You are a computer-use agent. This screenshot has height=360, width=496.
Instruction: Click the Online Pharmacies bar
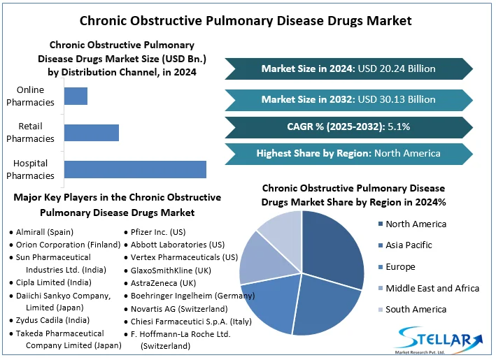click(x=76, y=96)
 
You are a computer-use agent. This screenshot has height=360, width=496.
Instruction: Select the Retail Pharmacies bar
click(x=91, y=132)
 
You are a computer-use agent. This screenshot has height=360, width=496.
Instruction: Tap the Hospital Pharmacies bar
click(x=134, y=169)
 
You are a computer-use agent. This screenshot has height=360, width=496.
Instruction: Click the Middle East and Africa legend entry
click(x=432, y=288)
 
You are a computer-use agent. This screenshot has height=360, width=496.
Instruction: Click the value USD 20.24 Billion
click(x=396, y=69)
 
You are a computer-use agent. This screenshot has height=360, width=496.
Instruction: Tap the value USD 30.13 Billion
click(x=396, y=99)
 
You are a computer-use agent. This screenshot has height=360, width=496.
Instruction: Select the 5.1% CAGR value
click(x=393, y=127)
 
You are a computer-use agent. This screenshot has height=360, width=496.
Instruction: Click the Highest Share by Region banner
click(x=348, y=153)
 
